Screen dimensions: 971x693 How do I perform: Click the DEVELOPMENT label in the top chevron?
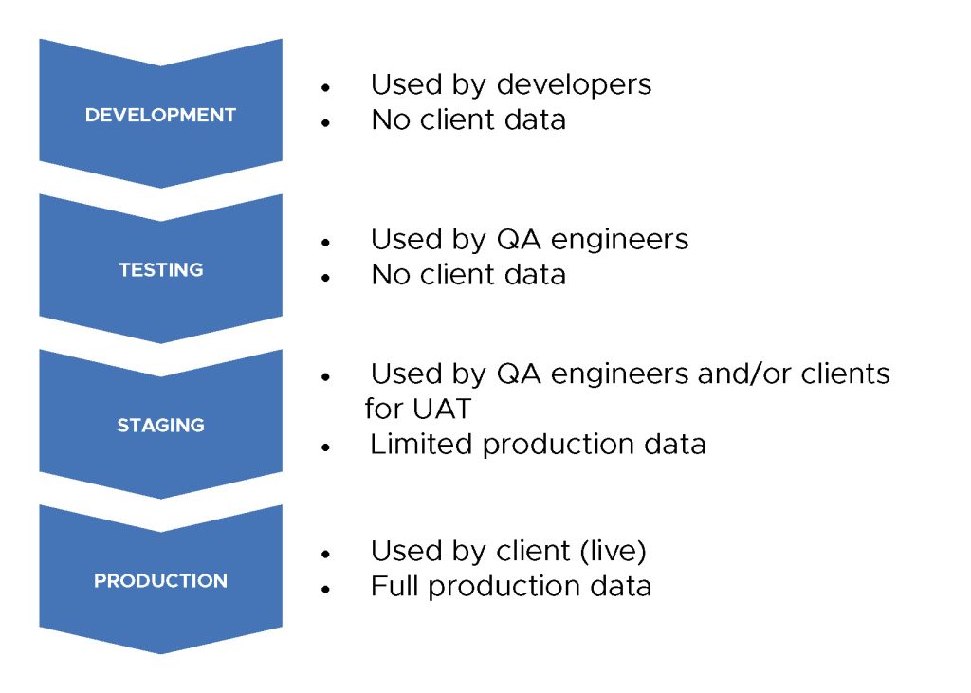point(160,115)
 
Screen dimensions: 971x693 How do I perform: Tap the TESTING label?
point(161,270)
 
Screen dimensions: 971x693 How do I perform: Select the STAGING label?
point(160,425)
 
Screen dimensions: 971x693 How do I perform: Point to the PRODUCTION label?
point(160,580)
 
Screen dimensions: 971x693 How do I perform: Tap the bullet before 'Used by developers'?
point(326,88)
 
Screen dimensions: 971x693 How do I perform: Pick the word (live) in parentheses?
point(614,551)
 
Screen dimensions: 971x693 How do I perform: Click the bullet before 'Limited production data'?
point(326,447)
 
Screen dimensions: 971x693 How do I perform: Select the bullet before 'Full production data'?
point(326,589)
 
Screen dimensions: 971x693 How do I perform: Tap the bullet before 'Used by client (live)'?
point(326,554)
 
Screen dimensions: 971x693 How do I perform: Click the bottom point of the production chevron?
point(161,653)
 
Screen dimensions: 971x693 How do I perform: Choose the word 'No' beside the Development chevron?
point(391,119)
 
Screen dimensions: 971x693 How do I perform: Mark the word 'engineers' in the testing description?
point(619,241)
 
